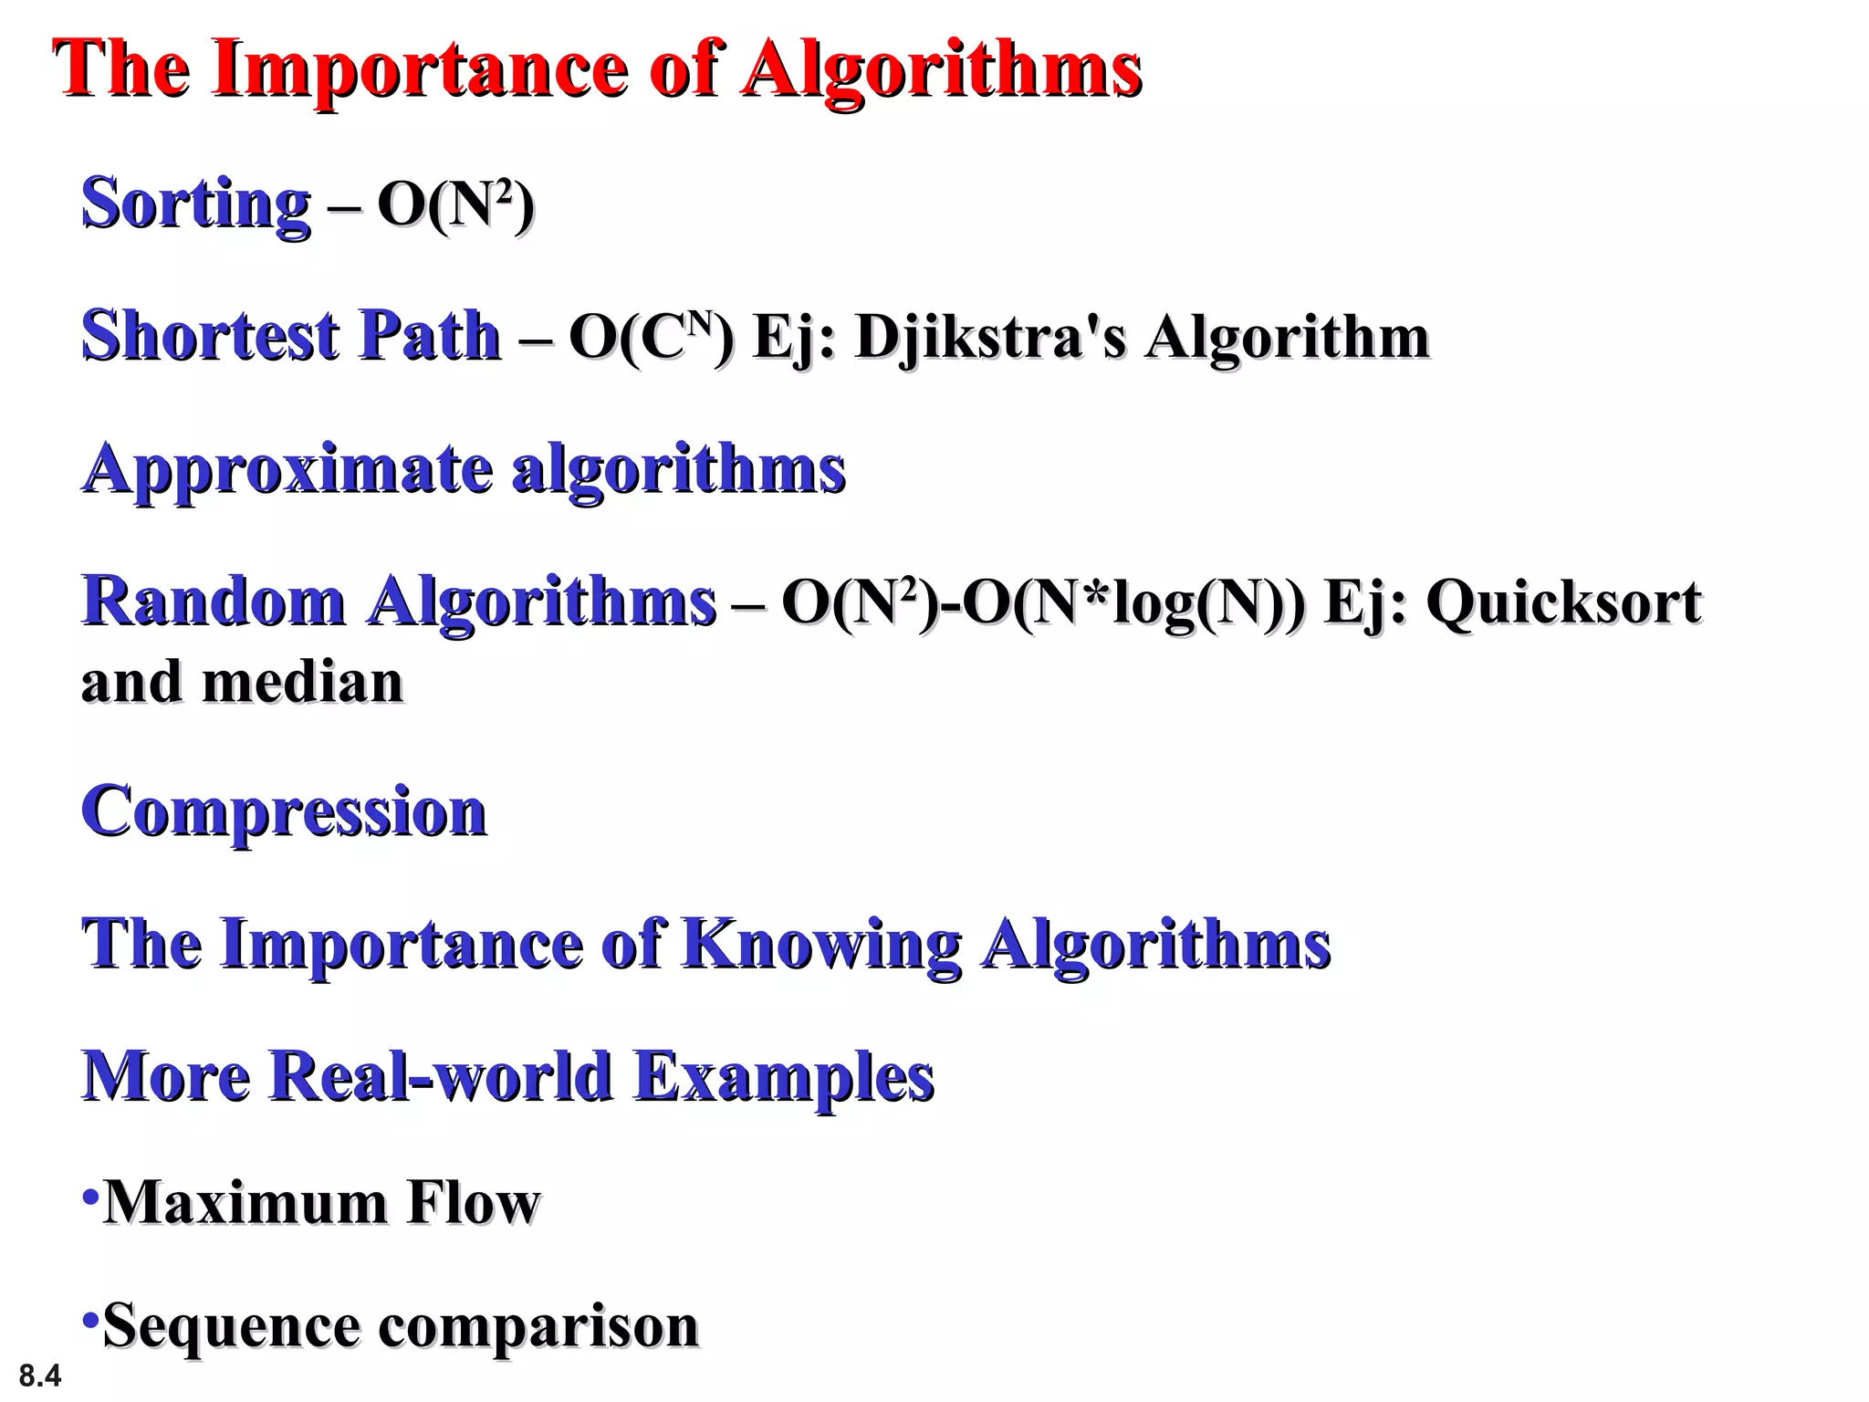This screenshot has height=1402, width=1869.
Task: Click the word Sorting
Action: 196,204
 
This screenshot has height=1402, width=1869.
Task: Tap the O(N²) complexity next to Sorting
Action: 455,204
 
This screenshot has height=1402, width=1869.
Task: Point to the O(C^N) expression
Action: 651,336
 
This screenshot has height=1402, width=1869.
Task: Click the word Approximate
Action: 287,470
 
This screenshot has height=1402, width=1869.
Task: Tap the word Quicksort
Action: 1563,602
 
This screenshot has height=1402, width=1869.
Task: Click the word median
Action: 302,682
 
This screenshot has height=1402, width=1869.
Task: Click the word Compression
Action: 284,811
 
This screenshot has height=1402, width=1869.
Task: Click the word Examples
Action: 784,1077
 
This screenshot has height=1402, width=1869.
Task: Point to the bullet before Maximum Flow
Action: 89,1196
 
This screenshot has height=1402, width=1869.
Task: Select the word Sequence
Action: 232,1326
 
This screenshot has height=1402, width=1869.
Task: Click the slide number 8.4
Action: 40,1375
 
